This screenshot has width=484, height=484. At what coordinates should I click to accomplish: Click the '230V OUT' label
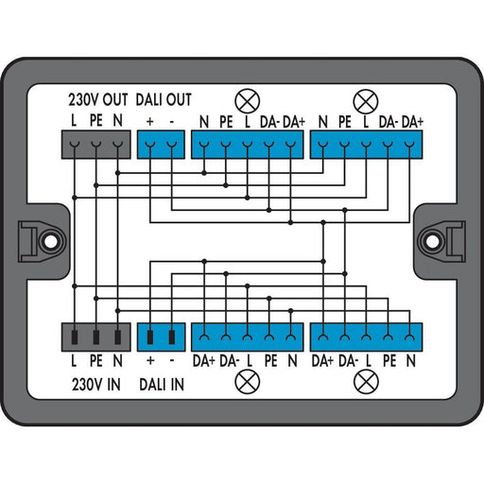pos(98,100)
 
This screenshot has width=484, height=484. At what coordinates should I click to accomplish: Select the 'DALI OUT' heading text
pos(164,100)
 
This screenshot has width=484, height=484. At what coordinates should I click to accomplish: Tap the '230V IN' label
pos(96,385)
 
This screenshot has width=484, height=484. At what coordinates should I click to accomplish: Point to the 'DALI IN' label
pos(162,385)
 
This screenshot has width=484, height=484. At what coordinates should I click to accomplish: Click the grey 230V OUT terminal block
pos(96,145)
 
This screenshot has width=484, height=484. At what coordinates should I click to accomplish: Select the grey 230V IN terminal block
pos(96,337)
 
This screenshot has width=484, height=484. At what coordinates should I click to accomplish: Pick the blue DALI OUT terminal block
pos(161,145)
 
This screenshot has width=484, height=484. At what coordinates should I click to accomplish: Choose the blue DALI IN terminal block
pos(161,337)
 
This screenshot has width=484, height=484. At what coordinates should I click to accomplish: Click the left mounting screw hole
pos(50,241)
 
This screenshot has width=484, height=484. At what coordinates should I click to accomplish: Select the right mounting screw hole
pos(432,241)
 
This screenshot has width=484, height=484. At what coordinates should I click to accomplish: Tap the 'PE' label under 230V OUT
pos(96,121)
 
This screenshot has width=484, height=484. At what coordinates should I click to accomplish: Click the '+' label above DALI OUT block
pos(150,122)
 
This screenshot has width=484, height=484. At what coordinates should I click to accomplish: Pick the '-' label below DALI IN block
pos(172,360)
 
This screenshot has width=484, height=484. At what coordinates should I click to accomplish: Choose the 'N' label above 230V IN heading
pos(117,361)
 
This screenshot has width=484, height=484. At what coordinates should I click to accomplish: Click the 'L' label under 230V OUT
pos(74,121)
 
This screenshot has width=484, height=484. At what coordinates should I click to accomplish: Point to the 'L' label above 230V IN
pos(74,361)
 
